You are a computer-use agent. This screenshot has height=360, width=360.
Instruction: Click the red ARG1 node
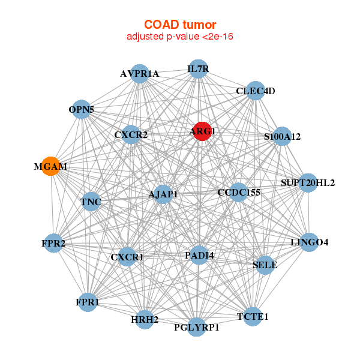[202, 131]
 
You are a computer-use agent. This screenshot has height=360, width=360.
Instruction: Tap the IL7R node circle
[198, 69]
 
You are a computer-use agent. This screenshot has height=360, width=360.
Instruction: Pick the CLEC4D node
[256, 91]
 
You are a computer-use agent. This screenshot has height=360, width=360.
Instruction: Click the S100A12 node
[281, 136]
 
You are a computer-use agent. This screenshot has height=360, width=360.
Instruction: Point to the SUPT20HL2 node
[307, 182]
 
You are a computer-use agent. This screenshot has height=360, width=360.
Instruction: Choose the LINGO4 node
[309, 242]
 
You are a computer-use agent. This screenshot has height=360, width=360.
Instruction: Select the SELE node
[265, 265]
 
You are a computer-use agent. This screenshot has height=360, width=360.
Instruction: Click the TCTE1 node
[253, 316]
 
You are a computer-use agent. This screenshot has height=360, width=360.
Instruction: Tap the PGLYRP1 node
[196, 327]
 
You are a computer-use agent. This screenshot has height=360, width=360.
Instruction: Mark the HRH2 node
[145, 319]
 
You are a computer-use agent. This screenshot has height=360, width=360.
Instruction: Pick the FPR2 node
[54, 243]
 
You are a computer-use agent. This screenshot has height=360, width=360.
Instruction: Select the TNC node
[91, 202]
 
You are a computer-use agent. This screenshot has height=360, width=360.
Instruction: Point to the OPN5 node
[81, 110]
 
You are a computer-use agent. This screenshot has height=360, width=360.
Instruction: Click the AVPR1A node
[140, 74]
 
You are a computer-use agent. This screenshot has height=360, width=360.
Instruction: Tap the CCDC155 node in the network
[239, 192]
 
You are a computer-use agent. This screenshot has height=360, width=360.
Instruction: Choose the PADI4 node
[200, 256]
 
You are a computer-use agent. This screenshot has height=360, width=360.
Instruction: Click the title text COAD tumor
[180, 25]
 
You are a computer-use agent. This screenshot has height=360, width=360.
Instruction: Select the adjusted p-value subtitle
[180, 37]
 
